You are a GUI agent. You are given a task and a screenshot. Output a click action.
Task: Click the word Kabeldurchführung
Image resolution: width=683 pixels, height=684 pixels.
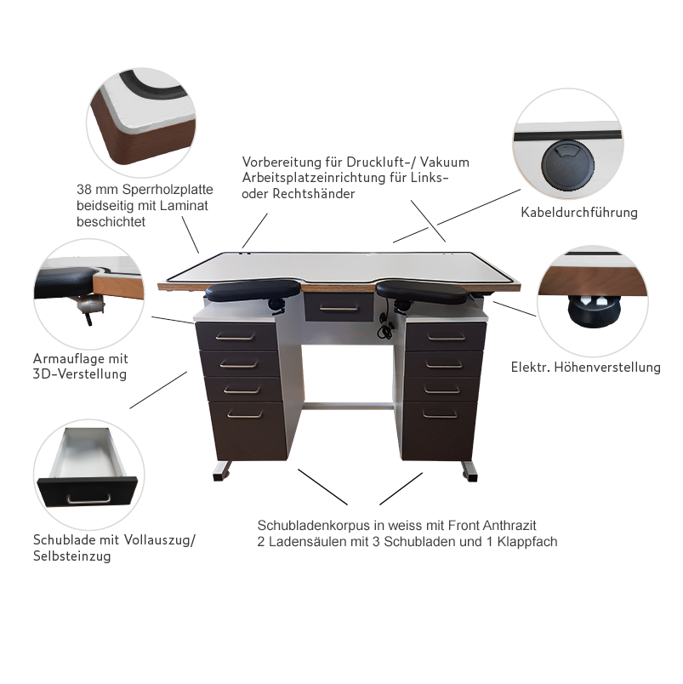579,213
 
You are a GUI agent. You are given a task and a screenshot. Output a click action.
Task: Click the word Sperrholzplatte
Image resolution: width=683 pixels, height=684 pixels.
168,190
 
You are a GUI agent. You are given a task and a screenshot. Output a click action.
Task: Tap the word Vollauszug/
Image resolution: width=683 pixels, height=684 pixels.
160,540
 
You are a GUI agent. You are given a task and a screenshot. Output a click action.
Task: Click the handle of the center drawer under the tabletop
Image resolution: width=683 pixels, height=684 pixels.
339,309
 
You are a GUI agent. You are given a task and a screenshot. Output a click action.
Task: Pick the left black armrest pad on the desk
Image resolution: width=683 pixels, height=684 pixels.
253,289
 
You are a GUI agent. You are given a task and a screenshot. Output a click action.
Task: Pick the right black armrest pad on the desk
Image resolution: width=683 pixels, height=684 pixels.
421,292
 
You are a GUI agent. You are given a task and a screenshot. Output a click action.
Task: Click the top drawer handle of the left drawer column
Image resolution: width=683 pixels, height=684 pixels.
235,337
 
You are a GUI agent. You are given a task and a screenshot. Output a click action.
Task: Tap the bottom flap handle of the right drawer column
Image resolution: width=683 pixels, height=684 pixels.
440,414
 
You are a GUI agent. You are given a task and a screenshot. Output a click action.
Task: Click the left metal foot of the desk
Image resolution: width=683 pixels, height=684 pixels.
222,471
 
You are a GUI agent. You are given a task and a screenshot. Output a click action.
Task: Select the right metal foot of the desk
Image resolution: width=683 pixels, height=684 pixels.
470,471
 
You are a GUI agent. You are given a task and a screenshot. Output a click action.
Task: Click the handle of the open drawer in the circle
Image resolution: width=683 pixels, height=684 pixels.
88,499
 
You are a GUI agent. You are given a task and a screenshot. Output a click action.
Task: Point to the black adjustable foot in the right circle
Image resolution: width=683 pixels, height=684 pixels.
594,311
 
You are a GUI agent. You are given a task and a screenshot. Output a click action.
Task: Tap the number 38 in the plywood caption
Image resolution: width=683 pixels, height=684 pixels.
83,190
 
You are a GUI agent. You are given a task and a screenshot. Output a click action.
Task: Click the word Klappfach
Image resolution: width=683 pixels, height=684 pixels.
526,542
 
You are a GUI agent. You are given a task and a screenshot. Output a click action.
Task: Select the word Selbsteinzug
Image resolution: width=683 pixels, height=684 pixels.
72,556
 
